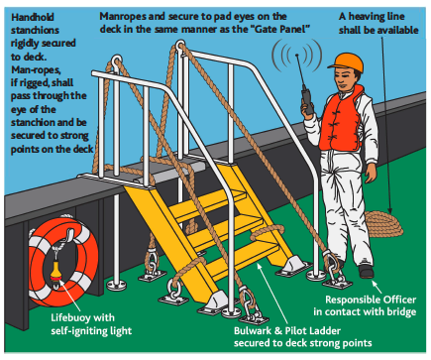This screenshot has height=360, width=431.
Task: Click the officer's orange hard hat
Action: tap(346, 62)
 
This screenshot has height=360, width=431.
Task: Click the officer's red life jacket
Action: tap(340, 119)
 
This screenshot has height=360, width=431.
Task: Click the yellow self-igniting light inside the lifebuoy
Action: tap(55, 272)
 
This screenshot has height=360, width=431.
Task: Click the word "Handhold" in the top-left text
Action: tap(33, 17)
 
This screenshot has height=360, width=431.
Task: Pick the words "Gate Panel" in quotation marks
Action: tap(280, 30)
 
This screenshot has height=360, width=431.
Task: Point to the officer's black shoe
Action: tap(367, 271)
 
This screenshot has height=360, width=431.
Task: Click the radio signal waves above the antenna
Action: tap(296, 56)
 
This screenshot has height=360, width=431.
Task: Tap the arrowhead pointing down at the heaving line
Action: tap(390, 210)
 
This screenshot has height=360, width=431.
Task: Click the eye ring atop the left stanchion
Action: tap(116, 61)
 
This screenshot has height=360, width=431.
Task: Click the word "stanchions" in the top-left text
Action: tap(35, 30)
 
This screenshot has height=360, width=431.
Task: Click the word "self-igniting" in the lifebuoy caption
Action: tap(76, 331)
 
